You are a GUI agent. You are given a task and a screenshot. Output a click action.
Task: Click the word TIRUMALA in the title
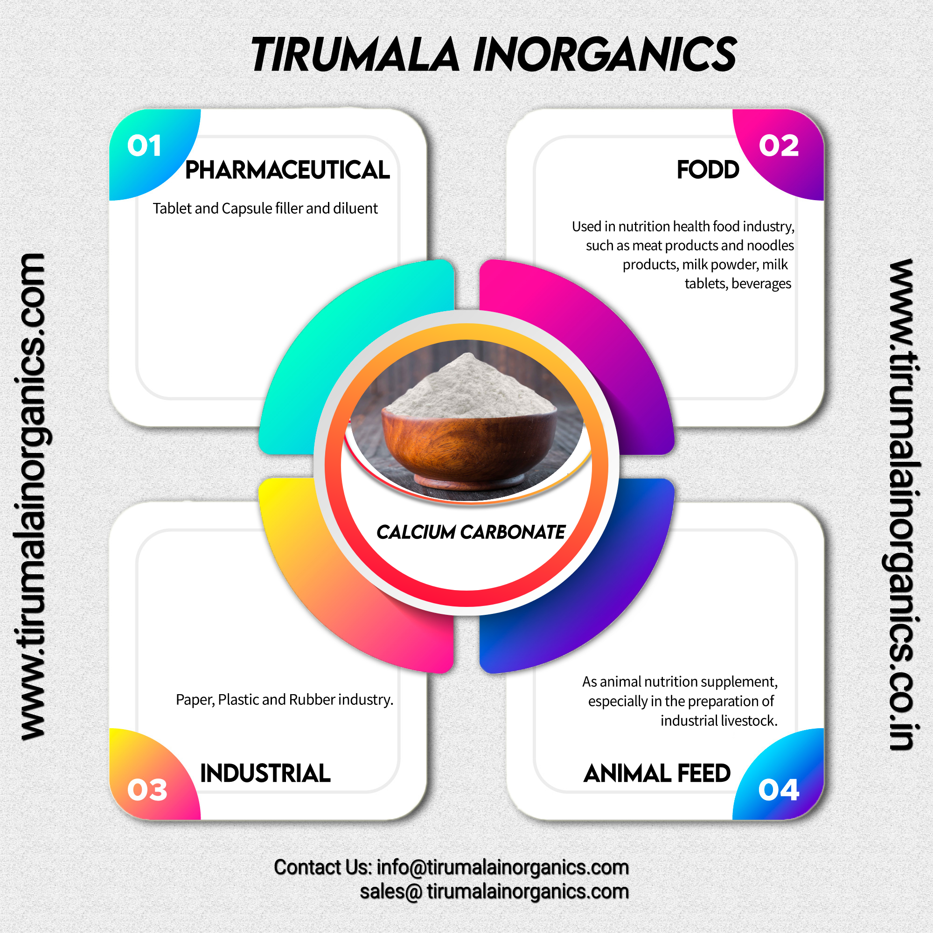point(355,55)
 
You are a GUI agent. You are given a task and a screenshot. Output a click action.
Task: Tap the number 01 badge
point(144,146)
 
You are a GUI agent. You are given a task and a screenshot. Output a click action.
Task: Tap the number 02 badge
point(779,146)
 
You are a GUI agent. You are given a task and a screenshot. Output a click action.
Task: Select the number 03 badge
point(147,790)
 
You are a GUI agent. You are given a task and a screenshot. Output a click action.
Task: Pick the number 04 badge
point(779,790)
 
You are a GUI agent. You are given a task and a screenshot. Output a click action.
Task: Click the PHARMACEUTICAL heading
point(287,170)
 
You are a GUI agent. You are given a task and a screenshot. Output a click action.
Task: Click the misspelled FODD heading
point(708,170)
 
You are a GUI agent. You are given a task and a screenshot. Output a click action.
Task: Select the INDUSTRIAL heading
point(265,773)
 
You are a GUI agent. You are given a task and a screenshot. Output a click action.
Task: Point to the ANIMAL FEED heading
point(657,773)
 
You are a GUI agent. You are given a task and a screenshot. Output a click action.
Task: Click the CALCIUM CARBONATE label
point(470,532)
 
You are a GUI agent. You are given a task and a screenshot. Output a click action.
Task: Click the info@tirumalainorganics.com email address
point(502,867)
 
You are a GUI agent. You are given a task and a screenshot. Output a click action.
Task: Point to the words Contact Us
point(322,867)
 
